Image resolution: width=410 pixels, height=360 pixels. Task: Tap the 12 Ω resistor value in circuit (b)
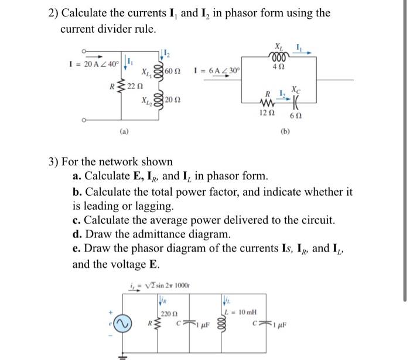[265, 112]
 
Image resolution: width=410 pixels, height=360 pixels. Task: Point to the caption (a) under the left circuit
[124, 133]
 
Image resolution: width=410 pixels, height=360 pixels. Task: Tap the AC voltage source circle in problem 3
[121, 324]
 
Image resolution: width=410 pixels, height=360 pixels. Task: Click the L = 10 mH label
[241, 310]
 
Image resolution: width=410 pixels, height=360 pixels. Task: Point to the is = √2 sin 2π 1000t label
[158, 286]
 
